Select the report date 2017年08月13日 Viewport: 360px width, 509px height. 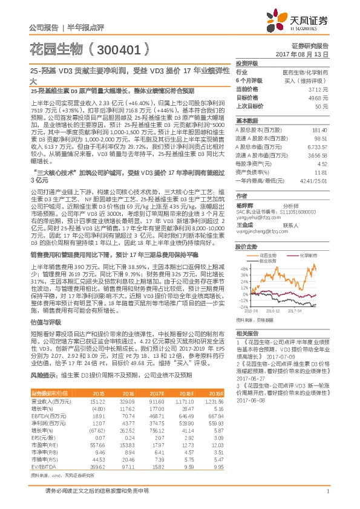coord(310,54)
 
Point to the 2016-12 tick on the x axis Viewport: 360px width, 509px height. coord(274,311)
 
